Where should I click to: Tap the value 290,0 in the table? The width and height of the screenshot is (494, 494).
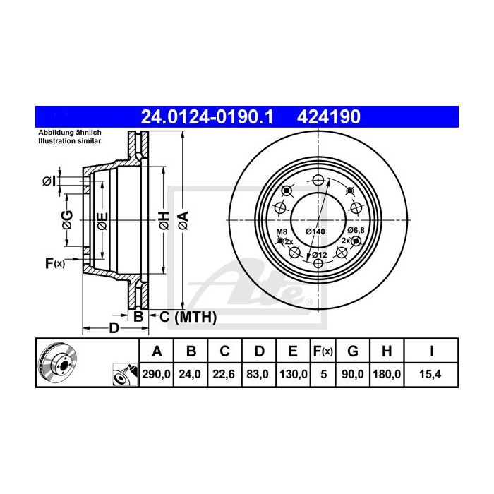click(157, 375)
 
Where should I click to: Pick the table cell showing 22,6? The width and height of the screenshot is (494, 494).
click(224, 375)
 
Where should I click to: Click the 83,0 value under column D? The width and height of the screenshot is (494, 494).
click(259, 375)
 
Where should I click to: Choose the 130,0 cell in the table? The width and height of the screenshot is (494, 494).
click(294, 375)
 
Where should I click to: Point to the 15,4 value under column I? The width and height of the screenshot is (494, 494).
click(430, 375)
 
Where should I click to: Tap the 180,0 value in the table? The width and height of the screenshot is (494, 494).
click(387, 375)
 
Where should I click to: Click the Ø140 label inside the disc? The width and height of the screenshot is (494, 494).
click(315, 231)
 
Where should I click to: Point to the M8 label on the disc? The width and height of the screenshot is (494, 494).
click(281, 231)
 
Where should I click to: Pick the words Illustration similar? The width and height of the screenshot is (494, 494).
click(69, 141)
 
